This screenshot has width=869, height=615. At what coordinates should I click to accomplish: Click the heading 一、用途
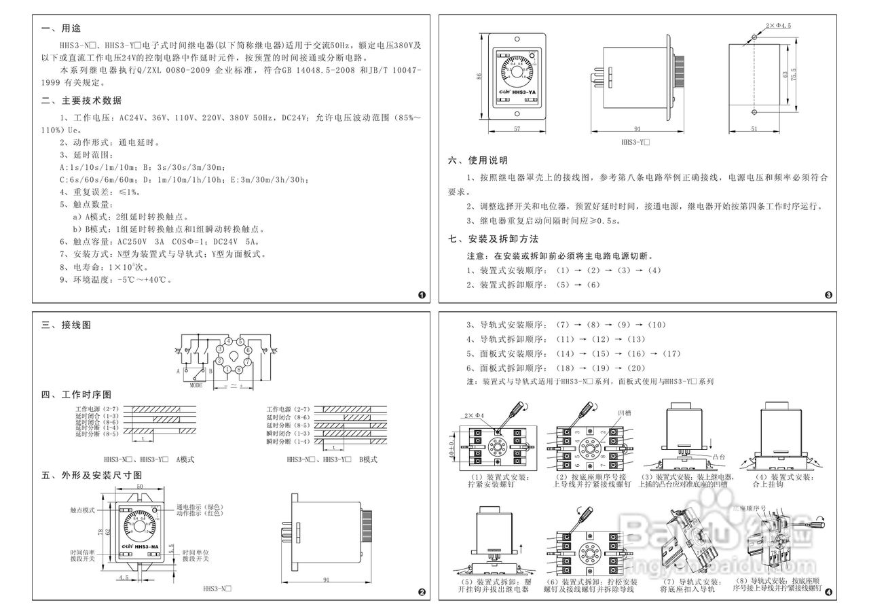point(61,29)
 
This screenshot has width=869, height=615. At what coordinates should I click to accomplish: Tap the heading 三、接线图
point(66,325)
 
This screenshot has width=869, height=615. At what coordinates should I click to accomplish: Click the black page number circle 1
point(422,295)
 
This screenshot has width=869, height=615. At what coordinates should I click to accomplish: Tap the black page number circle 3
point(828,295)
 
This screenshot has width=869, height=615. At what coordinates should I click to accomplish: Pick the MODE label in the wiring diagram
point(196,384)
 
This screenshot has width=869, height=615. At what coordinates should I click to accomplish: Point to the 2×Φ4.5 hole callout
point(778,24)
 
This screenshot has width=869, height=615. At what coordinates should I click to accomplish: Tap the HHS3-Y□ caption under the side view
point(636,143)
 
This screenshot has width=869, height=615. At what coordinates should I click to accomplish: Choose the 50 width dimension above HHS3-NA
point(140,487)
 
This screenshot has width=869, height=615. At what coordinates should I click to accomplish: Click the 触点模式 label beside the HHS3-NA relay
point(83,508)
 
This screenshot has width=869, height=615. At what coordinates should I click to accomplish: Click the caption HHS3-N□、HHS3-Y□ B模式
point(332,459)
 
